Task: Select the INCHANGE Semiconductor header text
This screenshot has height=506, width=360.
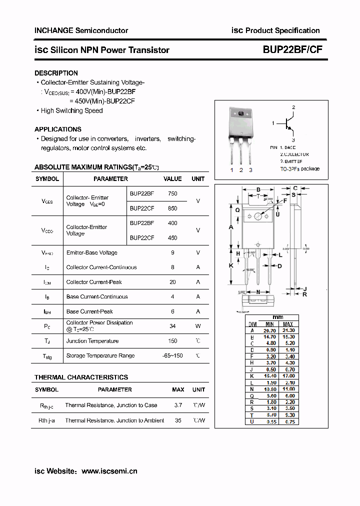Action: tap(81, 30)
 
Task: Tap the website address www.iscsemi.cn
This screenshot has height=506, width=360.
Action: tap(109, 471)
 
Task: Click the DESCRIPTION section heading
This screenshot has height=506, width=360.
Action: tap(56, 73)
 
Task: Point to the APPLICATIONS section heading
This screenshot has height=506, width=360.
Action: tap(58, 129)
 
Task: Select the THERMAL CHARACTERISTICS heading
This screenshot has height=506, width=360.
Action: tap(81, 377)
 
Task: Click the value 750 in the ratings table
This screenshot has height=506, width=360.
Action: tap(172, 193)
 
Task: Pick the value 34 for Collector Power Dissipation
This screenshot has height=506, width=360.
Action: tap(172, 326)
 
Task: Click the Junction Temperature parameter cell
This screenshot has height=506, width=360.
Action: tap(92, 341)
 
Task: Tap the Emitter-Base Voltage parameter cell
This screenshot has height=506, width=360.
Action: tap(92, 252)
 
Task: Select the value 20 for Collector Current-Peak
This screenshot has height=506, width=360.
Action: tap(172, 282)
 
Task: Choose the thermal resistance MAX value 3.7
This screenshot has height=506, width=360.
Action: tap(178, 405)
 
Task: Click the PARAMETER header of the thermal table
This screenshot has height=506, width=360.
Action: tap(115, 389)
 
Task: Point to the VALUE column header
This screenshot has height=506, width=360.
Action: tap(172, 178)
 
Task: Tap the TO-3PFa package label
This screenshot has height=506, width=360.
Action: tap(299, 169)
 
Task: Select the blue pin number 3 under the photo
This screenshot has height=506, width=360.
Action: tap(250, 170)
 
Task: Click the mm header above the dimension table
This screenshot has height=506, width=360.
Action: tap(277, 317)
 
